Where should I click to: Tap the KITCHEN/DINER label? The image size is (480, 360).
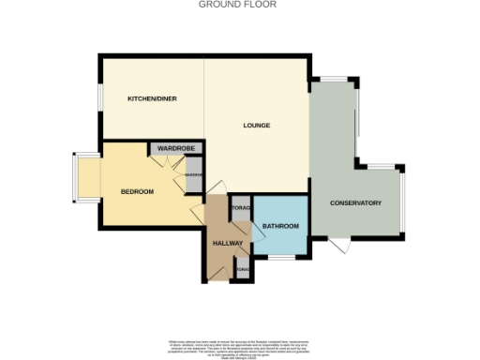152,98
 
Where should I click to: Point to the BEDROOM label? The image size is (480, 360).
137,191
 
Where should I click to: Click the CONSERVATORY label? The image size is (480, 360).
355,202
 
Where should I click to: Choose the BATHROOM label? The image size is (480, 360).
280,226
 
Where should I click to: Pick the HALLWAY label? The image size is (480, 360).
228,243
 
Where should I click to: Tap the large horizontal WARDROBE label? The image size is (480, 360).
174,148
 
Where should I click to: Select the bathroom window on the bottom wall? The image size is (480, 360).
282,257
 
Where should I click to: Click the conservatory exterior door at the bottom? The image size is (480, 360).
339,246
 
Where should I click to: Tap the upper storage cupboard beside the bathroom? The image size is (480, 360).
240,208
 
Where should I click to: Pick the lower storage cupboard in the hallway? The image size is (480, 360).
243,271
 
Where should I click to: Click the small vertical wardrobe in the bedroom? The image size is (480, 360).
193,175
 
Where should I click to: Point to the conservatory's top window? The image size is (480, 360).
334,78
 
